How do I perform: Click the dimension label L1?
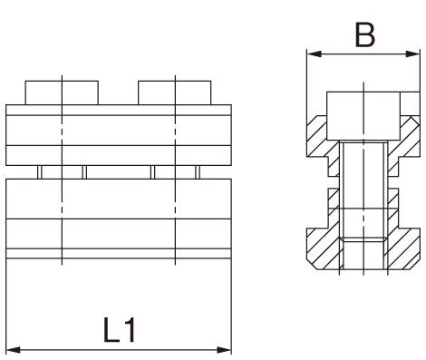click(120, 330)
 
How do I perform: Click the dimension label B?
click(365, 34)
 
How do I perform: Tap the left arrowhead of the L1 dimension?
click(14, 350)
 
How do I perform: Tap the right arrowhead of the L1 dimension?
click(224, 350)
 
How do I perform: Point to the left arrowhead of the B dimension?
click(314, 54)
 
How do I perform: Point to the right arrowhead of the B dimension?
click(412, 54)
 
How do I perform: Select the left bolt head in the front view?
click(62, 92)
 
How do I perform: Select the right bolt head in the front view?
click(175, 92)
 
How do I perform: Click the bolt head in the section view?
click(363, 116)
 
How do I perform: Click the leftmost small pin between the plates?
click(40, 172)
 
